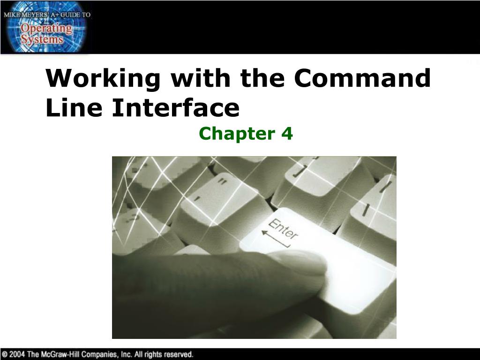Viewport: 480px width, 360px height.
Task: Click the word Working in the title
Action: pyautogui.click(x=103, y=79)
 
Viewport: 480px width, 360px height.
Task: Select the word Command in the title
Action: pyautogui.click(x=362, y=78)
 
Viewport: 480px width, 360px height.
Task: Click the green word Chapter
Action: pyautogui.click(x=237, y=134)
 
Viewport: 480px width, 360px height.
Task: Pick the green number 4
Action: pyautogui.click(x=287, y=134)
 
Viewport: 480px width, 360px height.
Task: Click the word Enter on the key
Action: pyautogui.click(x=283, y=229)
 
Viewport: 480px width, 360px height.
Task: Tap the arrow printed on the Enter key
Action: pyautogui.click(x=276, y=240)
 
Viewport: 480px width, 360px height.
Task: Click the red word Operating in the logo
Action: pyautogui.click(x=46, y=29)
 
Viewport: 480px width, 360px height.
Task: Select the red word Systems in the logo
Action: pyautogui.click(x=42, y=39)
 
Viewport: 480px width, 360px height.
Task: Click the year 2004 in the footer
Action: pyautogui.click(x=17, y=354)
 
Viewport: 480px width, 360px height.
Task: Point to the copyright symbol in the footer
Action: pyautogui.click(x=5, y=354)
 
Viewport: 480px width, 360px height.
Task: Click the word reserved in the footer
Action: pyautogui.click(x=179, y=354)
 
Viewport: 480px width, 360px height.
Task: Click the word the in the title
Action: pyautogui.click(x=262, y=78)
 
